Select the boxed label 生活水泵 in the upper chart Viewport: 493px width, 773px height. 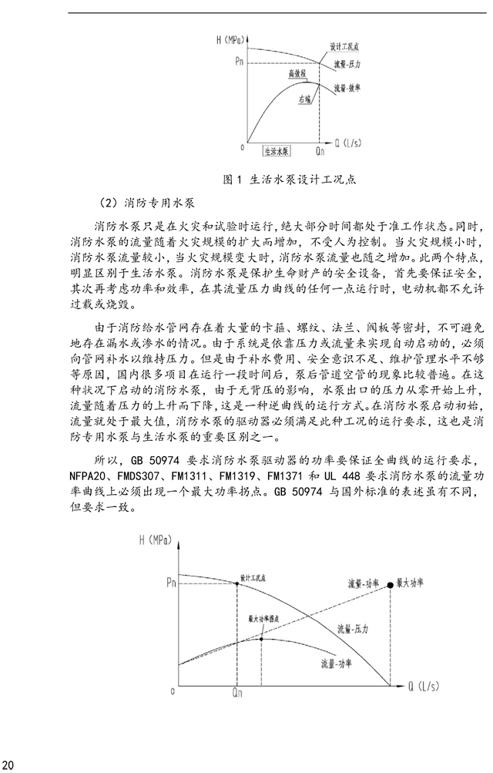276,150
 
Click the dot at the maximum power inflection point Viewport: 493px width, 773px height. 262,638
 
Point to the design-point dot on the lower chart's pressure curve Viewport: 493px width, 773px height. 236,583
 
